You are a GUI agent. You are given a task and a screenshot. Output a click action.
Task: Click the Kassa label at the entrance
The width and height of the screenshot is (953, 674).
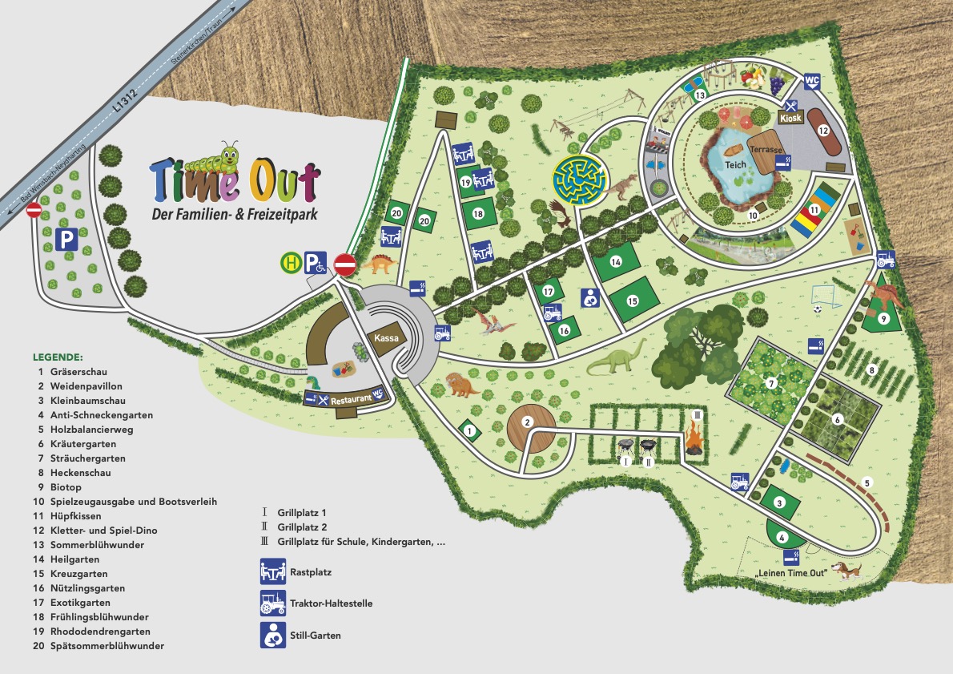[385, 339]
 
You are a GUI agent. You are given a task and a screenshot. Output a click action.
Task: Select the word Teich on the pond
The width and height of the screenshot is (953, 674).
[735, 164]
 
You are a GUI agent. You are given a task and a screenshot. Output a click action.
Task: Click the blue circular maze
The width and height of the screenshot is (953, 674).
[578, 181]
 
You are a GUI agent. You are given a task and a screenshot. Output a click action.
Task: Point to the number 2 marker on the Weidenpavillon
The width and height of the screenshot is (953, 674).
[528, 422]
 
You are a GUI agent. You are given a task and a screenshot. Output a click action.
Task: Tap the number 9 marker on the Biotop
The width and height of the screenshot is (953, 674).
[883, 318]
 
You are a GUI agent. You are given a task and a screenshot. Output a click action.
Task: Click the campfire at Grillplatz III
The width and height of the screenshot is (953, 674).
[693, 440]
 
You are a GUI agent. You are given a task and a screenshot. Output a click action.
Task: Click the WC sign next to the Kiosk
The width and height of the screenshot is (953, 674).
[811, 81]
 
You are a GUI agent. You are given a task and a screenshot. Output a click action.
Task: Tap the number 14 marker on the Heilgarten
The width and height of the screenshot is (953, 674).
[616, 262]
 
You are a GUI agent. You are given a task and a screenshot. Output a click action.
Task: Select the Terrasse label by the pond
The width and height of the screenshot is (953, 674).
[766, 149]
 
